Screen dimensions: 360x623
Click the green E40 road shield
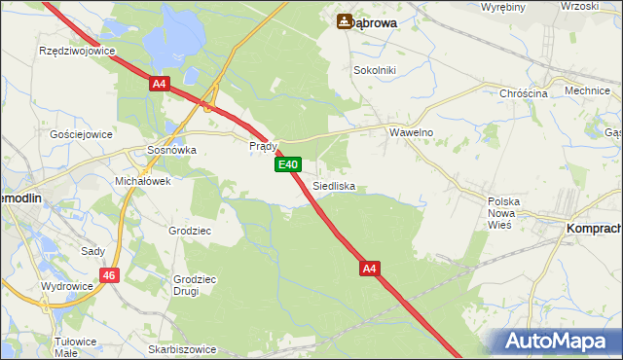[x=287, y=165]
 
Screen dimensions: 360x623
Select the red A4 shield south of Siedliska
[x=368, y=267]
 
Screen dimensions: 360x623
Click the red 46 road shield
[x=109, y=276]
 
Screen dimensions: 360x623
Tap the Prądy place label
[x=264, y=146]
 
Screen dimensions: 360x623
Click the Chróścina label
[x=524, y=92]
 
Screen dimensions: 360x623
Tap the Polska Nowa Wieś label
[x=504, y=211]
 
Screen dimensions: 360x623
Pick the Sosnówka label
[x=171, y=151]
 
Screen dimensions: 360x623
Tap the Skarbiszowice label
[x=182, y=347]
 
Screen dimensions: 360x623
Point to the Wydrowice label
[x=66, y=287]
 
